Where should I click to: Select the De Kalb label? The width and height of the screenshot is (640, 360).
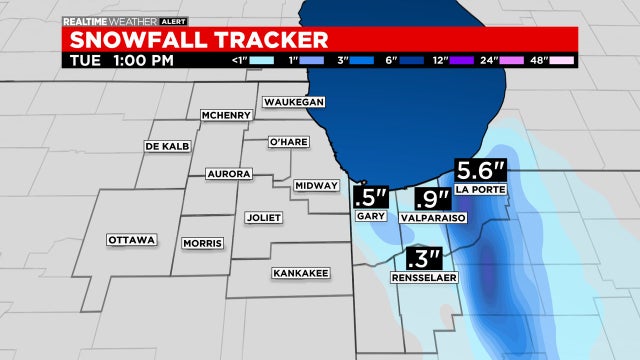point(167,146)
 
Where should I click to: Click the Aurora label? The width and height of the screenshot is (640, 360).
point(227,174)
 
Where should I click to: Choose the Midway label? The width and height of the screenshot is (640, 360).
point(316,186)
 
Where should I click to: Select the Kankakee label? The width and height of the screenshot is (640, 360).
point(297,272)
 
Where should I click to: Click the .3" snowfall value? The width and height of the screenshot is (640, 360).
point(420,259)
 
